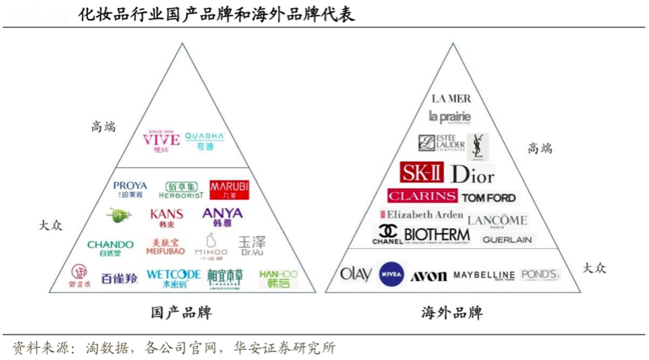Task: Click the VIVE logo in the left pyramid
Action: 161,140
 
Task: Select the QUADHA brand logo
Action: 204,140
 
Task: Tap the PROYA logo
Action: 130,189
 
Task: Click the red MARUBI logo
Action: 228,188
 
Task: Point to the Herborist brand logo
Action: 181,189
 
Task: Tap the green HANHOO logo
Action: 278,278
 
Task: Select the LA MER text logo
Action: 451,98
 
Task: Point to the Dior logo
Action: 472,174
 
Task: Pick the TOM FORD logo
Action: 489,198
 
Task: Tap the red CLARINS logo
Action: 422,196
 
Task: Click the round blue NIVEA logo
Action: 391,274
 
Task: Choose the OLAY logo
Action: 356,274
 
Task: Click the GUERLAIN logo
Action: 507,240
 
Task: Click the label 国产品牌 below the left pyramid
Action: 181,312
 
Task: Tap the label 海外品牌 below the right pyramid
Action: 451,312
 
